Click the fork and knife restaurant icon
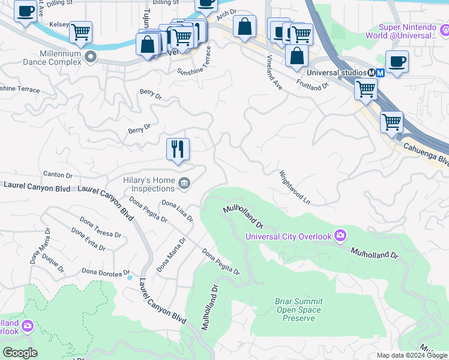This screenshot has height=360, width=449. click(x=178, y=149)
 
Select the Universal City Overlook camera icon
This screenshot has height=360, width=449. click(x=340, y=235)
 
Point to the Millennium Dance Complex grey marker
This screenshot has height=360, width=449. click(x=91, y=58)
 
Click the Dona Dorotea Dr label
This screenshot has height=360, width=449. click(x=106, y=272)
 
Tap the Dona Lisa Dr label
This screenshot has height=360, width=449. click(x=177, y=211)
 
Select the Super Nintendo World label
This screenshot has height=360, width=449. click(x=408, y=32)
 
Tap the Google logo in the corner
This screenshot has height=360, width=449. click(x=20, y=353)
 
